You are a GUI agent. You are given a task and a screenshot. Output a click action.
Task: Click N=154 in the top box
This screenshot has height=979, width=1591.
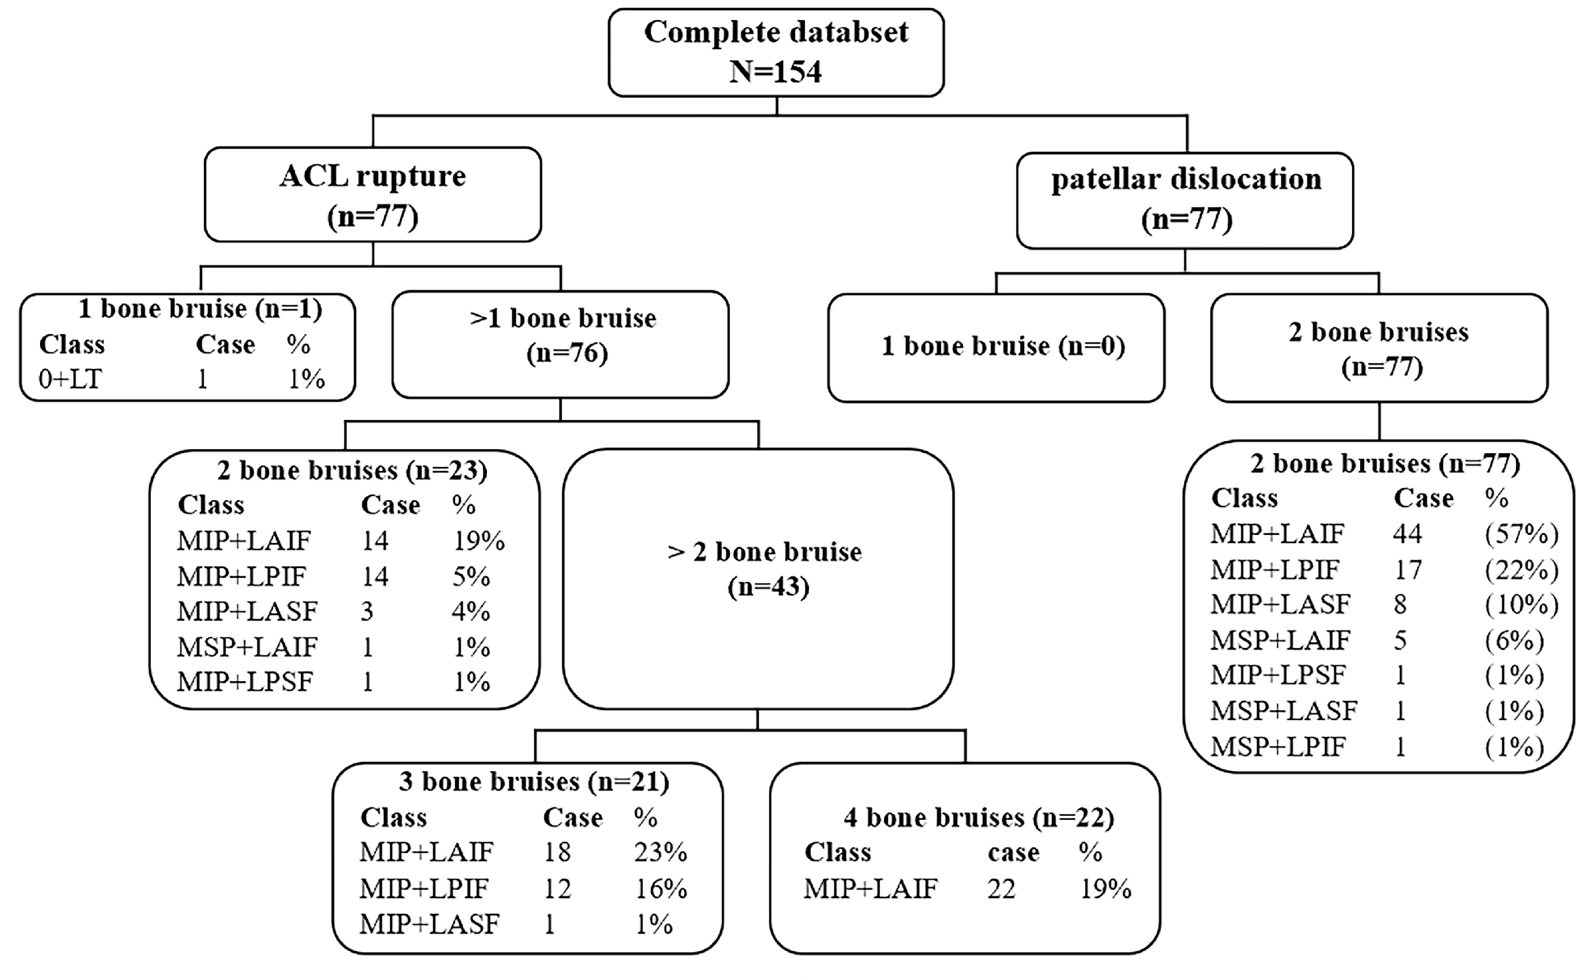[x=775, y=71]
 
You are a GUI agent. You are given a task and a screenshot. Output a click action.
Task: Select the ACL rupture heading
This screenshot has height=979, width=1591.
[x=373, y=176]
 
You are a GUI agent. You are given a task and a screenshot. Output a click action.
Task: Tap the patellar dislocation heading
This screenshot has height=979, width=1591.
[x=1187, y=179]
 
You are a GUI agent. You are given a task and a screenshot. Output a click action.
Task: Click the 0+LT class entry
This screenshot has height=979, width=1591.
[x=70, y=379]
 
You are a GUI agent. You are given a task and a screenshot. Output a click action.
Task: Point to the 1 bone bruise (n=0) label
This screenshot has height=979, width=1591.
[x=1003, y=346]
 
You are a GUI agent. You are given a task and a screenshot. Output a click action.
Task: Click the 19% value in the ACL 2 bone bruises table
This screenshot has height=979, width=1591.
[x=478, y=540]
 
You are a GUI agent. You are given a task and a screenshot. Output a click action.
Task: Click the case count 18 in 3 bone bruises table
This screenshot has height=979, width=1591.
[x=557, y=851]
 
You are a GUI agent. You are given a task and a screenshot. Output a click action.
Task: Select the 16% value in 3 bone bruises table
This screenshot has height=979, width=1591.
[x=661, y=888]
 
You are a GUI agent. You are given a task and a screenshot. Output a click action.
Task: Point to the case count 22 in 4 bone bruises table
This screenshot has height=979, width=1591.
[x=1001, y=888]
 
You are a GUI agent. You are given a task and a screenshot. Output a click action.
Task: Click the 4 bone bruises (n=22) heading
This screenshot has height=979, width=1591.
[x=979, y=818]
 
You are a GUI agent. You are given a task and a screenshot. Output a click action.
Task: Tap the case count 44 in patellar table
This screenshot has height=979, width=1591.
[x=1408, y=533]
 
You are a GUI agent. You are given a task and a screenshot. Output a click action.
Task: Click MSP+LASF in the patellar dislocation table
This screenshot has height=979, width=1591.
[x=1283, y=711]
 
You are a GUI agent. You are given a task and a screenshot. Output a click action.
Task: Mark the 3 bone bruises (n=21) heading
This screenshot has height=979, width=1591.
[x=533, y=781]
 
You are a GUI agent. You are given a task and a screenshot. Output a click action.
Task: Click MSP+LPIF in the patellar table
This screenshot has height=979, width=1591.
[x=1278, y=746]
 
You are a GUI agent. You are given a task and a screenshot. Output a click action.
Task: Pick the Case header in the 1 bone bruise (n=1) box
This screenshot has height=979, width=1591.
[x=225, y=344]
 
